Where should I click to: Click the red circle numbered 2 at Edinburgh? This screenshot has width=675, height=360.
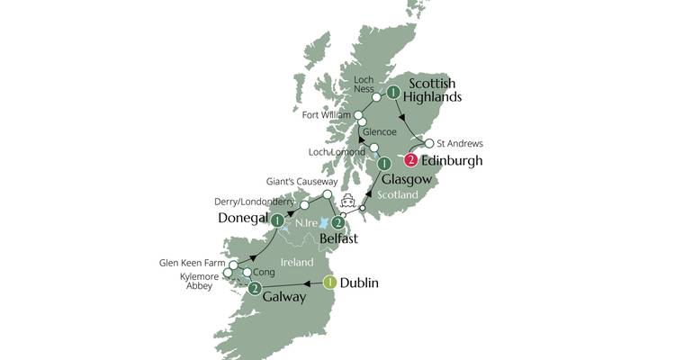[411, 161]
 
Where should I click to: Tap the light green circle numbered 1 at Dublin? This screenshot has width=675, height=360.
[329, 283]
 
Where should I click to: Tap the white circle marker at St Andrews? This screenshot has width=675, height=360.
[429, 143]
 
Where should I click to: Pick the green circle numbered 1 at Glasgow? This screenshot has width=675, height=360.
[384, 164]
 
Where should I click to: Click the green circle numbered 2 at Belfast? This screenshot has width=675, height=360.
[337, 222]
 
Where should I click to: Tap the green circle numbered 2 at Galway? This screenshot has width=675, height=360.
[256, 289]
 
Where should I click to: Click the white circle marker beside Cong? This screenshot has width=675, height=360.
[247, 272]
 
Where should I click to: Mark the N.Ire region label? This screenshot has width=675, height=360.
[302, 221]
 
